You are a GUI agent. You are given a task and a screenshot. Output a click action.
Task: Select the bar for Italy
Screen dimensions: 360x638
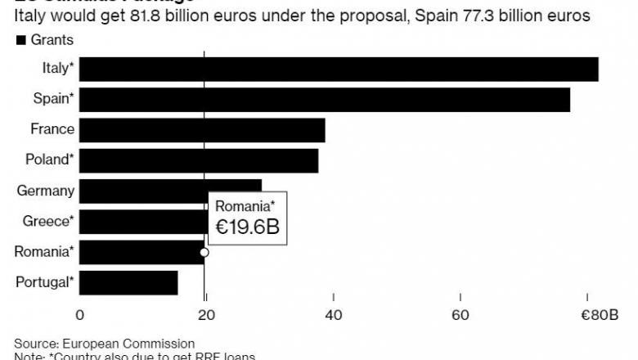pos(339,69)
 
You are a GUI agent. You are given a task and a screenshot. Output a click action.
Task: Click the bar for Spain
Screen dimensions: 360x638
pos(325,100)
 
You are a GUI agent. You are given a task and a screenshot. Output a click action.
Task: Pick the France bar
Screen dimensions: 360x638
pos(202,130)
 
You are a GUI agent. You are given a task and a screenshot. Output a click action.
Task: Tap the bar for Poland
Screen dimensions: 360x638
pos(199,160)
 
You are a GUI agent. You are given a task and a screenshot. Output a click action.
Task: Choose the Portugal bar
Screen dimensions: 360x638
pos(128,283)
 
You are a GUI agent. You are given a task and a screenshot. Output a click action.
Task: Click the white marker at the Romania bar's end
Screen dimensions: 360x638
pos(204,253)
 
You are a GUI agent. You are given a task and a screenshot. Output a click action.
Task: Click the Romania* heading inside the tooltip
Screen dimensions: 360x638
pos(245,206)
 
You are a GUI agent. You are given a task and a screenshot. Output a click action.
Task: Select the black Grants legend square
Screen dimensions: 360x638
pos(20,40)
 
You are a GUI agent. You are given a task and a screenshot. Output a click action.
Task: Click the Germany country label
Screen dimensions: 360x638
pos(46,191)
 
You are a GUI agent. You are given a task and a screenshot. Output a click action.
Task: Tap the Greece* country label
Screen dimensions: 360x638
pos(48,221)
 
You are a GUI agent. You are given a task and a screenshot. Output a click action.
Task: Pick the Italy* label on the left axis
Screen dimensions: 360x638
pos(58,69)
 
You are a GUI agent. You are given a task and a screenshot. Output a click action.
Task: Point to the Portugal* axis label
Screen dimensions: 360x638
pos(45,283)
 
